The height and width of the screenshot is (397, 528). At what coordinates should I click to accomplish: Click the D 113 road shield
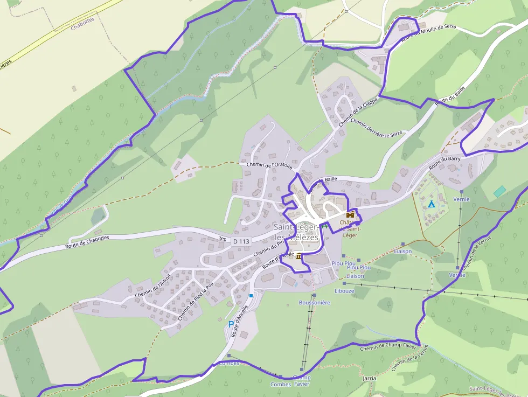coord(242,241)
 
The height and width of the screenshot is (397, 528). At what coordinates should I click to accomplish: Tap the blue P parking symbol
coord(231,324)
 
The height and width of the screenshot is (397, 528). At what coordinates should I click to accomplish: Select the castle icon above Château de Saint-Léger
coord(350,214)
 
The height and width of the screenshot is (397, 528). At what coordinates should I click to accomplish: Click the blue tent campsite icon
coord(431,204)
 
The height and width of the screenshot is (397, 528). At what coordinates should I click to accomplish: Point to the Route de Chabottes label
coord(87,241)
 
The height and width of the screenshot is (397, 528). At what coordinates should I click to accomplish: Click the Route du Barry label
coord(444,163)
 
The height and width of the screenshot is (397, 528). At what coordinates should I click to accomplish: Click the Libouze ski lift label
coord(344,291)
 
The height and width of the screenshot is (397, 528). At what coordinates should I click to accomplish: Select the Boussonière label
coord(315,303)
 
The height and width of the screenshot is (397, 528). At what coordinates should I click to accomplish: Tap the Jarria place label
coord(370,378)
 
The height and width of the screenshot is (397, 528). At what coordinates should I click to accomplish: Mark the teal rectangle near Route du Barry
coord(499,191)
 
